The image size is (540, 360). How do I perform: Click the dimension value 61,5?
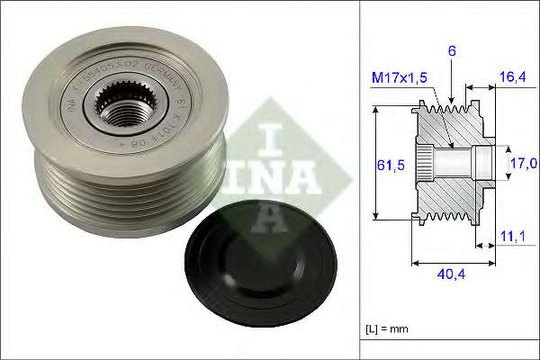click(384, 165)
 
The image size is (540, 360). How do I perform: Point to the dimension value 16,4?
click(511, 79)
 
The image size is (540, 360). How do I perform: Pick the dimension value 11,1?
click(511, 236)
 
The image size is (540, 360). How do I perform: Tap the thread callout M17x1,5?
click(400, 79)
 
